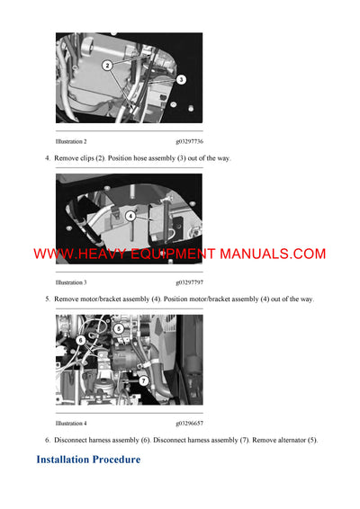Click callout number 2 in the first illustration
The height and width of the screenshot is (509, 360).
(x=107, y=66)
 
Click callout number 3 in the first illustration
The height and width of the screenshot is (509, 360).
(x=181, y=80)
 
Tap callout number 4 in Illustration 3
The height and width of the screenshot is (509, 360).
(x=130, y=216)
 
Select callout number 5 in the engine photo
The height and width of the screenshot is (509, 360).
(x=119, y=329)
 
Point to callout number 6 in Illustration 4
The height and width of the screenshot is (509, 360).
(x=80, y=341)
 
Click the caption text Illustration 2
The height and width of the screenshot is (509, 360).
(x=71, y=142)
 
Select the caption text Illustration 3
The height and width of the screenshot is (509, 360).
(x=71, y=282)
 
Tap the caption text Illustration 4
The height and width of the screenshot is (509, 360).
(x=71, y=423)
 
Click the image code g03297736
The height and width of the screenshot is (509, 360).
(x=189, y=142)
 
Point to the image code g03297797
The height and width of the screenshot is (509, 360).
(x=189, y=282)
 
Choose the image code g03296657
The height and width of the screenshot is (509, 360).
(x=189, y=423)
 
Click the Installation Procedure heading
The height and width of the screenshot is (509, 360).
(x=88, y=460)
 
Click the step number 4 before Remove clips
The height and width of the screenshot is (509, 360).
(x=47, y=158)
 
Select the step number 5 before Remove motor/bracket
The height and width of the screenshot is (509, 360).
(x=47, y=299)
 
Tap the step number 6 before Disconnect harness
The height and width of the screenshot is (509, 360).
(x=47, y=440)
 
